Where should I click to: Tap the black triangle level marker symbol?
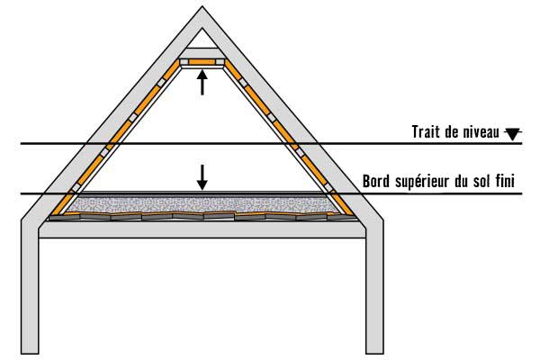click(513, 134)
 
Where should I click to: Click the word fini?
click(505, 181)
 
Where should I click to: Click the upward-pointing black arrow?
click(202, 82)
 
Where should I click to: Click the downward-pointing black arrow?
click(202, 177)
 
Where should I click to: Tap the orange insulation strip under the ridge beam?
click(202, 62)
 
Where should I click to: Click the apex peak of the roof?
click(202, 6)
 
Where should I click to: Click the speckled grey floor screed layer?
click(202, 204)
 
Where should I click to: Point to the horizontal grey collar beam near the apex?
click(202, 53)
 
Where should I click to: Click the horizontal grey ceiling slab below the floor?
click(202, 229)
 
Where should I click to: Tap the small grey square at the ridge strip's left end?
click(184, 62)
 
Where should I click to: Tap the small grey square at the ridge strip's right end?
click(220, 62)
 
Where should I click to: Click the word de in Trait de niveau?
click(448, 131)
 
